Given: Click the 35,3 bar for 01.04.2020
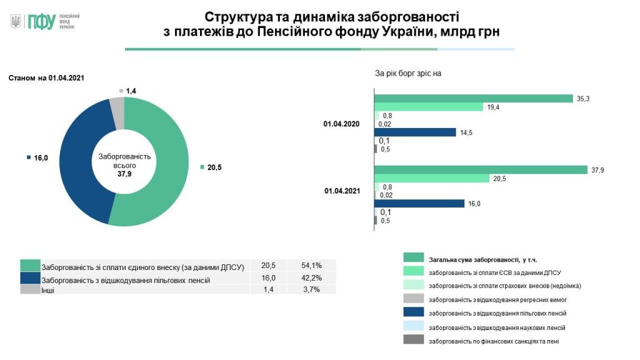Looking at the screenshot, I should (x=473, y=98).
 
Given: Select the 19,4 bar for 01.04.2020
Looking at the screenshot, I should (x=429, y=107).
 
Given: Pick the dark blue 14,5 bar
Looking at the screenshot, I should (x=416, y=132).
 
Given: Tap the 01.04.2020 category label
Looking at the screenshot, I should (x=342, y=124).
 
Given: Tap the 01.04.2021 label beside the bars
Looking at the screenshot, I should (x=342, y=191).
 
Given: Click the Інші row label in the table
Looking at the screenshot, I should (x=47, y=290).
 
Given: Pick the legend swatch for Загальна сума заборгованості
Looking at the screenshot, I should (x=414, y=257).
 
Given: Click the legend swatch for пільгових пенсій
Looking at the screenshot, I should (x=414, y=312).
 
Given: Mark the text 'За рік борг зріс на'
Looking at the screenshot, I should (x=408, y=73).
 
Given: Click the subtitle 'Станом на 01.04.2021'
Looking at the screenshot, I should (x=46, y=78).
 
